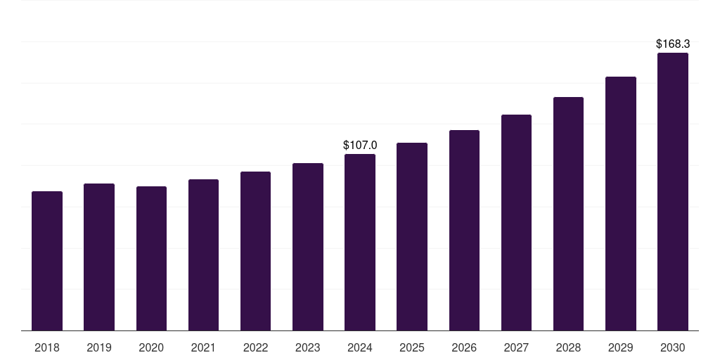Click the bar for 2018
47,261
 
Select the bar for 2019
99,257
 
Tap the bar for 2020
151,259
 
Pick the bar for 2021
203,255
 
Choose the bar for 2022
255,251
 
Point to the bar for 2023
308,247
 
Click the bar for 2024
360,243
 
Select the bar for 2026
464,231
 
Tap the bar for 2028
568,214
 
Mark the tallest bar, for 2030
673,192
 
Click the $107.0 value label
360,145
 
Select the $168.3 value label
673,44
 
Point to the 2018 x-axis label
47,347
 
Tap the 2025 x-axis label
412,347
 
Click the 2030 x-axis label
673,347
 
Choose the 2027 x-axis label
516,347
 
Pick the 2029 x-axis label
621,347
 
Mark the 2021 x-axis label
203,347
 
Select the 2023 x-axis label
308,347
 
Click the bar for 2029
621,204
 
